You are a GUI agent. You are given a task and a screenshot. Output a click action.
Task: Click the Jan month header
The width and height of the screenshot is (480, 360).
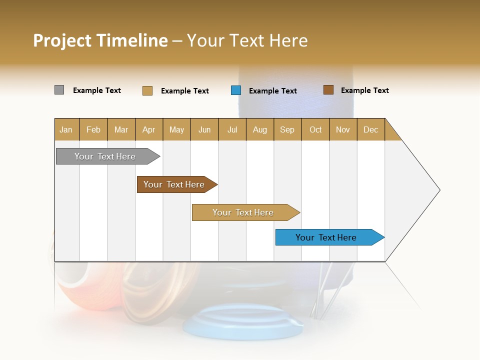tap(66, 129)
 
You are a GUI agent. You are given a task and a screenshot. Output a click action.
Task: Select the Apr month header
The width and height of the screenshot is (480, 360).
tap(148, 129)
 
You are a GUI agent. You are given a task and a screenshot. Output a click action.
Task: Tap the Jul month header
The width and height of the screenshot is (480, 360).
tap(232, 129)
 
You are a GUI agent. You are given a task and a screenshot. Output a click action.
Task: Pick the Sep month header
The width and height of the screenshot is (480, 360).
tap(287, 129)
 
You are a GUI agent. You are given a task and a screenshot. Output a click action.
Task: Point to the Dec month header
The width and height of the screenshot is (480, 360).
tap(370, 129)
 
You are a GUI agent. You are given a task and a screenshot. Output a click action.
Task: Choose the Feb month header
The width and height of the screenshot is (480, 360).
tap(93, 129)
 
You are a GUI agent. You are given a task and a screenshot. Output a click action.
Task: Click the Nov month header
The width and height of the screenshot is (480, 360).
tap(342, 129)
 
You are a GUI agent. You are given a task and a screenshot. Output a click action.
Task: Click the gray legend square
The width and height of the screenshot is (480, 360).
tap(59, 90)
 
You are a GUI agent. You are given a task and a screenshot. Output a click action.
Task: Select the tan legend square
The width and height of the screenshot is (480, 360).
tap(147, 90)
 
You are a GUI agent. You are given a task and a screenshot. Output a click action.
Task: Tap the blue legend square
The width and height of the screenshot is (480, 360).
tap(236, 90)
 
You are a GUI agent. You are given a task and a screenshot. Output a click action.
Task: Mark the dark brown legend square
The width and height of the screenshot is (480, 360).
tap(328, 90)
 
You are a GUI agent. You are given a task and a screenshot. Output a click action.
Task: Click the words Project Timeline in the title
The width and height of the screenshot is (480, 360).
tap(100, 40)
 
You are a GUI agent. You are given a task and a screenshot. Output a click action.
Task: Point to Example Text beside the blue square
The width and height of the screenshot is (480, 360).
tap(272, 91)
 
